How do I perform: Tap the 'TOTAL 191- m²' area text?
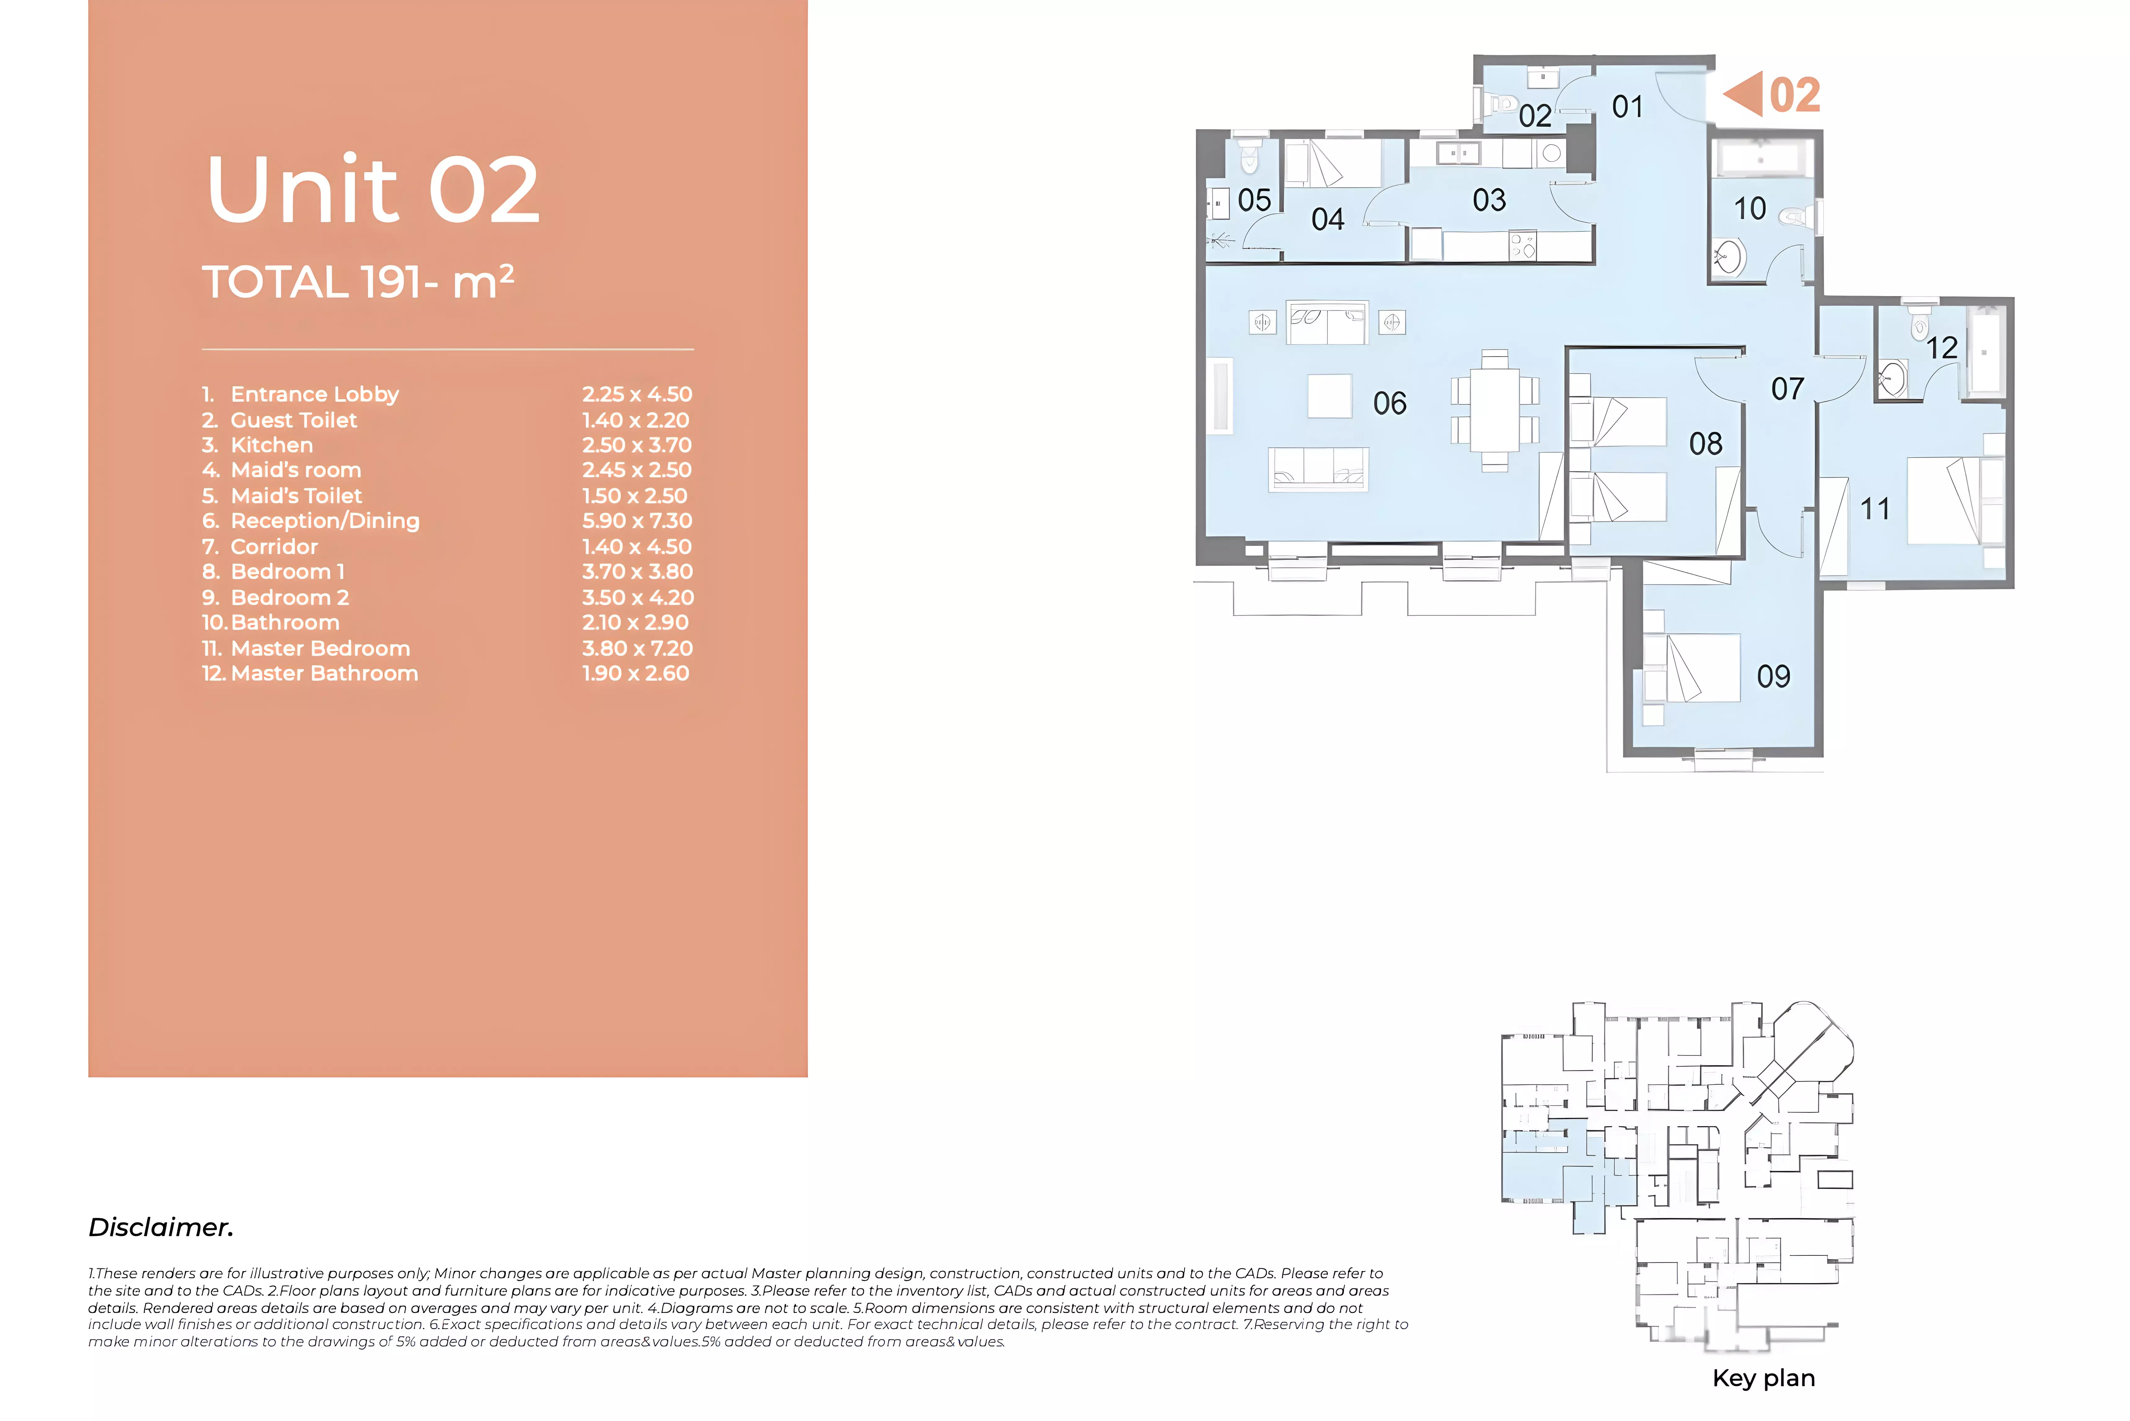pyautogui.click(x=358, y=282)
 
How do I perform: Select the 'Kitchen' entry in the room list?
pyautogui.click(x=272, y=445)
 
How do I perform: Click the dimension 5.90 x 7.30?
pyautogui.click(x=637, y=521)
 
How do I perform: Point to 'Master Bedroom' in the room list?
pyautogui.click(x=321, y=649)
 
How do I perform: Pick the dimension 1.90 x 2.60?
pyautogui.click(x=635, y=673)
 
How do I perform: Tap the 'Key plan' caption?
pyautogui.click(x=1763, y=1379)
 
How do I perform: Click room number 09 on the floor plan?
pyautogui.click(x=1773, y=676)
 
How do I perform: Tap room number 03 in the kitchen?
pyautogui.click(x=1489, y=200)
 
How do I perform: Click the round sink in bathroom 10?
pyautogui.click(x=1729, y=257)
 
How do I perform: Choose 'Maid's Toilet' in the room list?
pyautogui.click(x=296, y=496)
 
